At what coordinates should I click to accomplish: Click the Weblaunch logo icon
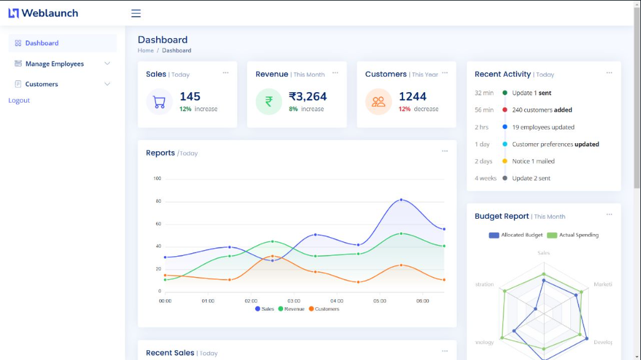[x=14, y=13]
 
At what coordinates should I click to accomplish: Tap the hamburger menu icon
[x=136, y=14]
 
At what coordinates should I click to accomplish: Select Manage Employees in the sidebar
[x=54, y=64]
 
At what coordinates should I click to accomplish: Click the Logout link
[x=19, y=100]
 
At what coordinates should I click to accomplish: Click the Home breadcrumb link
[x=146, y=50]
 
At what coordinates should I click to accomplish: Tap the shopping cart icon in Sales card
[x=159, y=102]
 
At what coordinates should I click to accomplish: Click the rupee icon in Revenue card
[x=269, y=102]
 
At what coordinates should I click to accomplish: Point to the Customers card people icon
[x=379, y=102]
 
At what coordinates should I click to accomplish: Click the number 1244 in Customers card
[x=412, y=96]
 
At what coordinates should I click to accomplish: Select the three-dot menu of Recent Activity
[x=609, y=72]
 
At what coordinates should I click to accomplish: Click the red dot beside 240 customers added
[x=505, y=110]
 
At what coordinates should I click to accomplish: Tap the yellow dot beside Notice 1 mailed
[x=505, y=161]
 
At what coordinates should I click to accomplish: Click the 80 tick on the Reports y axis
[x=158, y=201]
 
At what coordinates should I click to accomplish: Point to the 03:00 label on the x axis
[x=294, y=301]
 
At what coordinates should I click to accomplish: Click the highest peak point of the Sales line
[x=401, y=200]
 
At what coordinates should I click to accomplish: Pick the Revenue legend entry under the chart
[x=291, y=309]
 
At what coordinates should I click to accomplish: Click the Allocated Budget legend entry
[x=516, y=235]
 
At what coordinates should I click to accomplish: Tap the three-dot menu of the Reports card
[x=445, y=151]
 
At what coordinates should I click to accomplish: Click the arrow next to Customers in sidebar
[x=107, y=84]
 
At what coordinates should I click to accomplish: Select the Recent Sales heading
[x=170, y=353]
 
